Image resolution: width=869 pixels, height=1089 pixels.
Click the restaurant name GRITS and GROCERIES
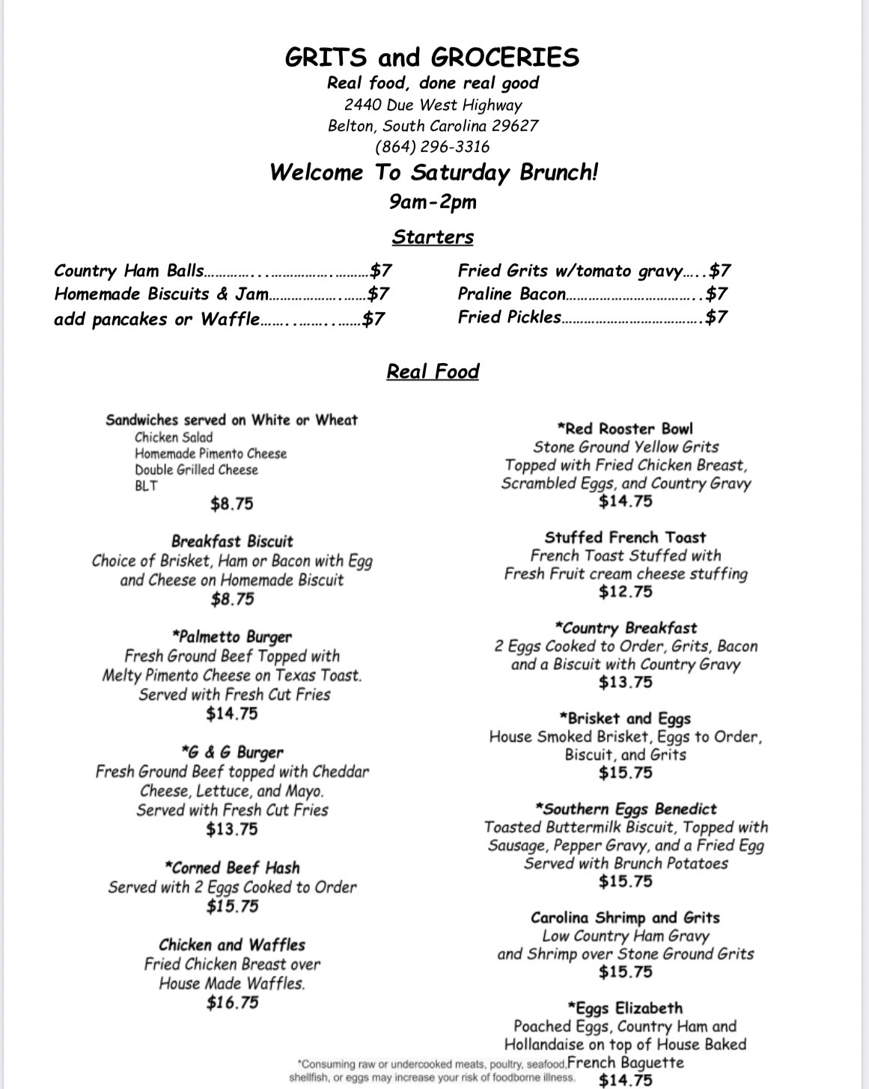(433, 58)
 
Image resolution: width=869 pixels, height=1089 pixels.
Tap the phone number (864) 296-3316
(433, 146)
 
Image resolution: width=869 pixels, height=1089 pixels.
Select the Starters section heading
(433, 237)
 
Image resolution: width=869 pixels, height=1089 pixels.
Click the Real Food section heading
(433, 372)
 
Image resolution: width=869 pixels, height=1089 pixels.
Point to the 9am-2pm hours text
(433, 202)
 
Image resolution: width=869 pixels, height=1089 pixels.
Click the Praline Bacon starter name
(512, 294)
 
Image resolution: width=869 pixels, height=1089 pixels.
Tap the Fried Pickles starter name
(509, 317)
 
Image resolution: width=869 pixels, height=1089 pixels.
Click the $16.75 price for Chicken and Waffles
(232, 1002)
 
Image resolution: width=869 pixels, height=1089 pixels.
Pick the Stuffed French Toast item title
(625, 537)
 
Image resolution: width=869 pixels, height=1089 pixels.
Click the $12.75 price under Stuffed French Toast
(625, 592)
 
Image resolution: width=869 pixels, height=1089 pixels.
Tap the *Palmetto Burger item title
(232, 637)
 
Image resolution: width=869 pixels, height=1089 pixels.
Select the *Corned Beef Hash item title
(232, 868)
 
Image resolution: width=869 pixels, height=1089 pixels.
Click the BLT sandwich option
(146, 486)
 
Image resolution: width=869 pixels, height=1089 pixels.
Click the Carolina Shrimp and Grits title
(625, 918)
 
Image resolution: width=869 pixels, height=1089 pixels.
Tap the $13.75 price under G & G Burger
(232, 829)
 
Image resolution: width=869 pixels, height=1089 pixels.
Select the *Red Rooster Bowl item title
(625, 429)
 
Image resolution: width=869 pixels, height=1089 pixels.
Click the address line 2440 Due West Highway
(433, 105)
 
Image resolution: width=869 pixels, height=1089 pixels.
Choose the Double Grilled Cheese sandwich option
(196, 470)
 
